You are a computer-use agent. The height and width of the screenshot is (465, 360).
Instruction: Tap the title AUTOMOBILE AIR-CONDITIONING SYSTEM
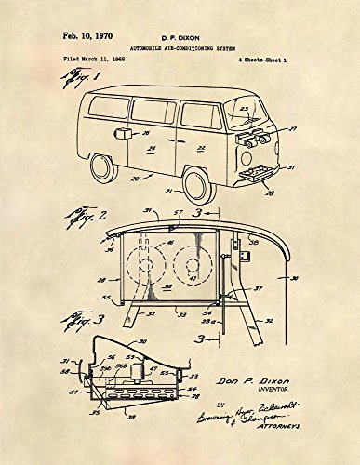pos(179,51)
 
